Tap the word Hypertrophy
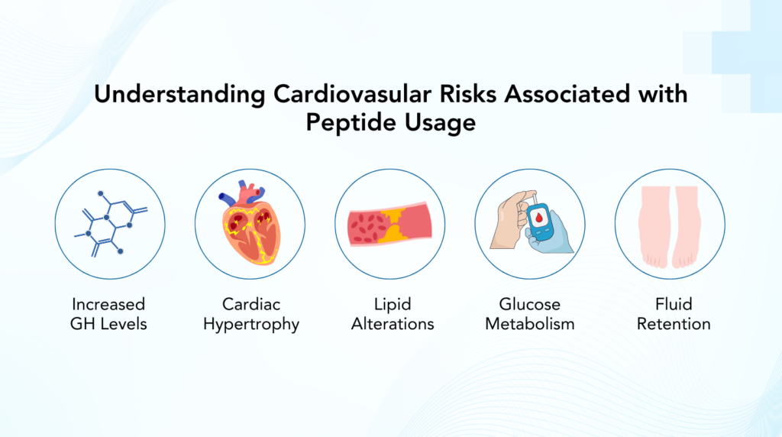coord(250,324)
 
